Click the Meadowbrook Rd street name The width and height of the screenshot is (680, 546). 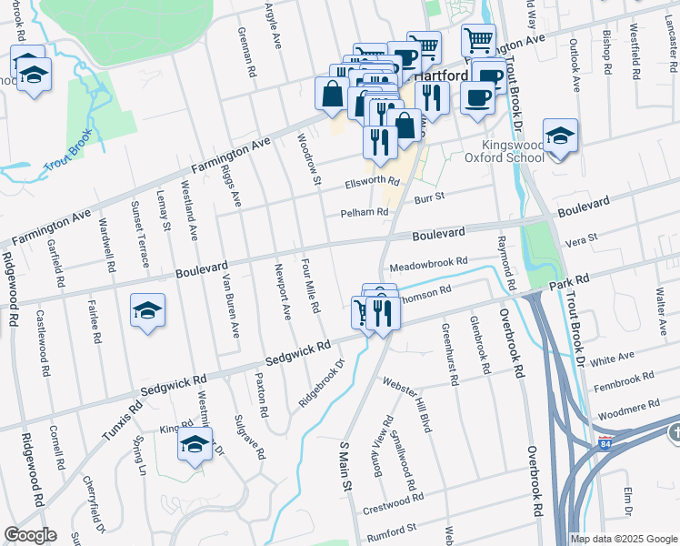pos(428,265)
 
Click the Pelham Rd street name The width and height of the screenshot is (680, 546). pos(363,212)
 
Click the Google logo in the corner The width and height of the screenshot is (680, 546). pos(30,535)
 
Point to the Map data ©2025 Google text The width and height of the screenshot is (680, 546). pos(623,539)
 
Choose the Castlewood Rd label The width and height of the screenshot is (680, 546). pos(43,344)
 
